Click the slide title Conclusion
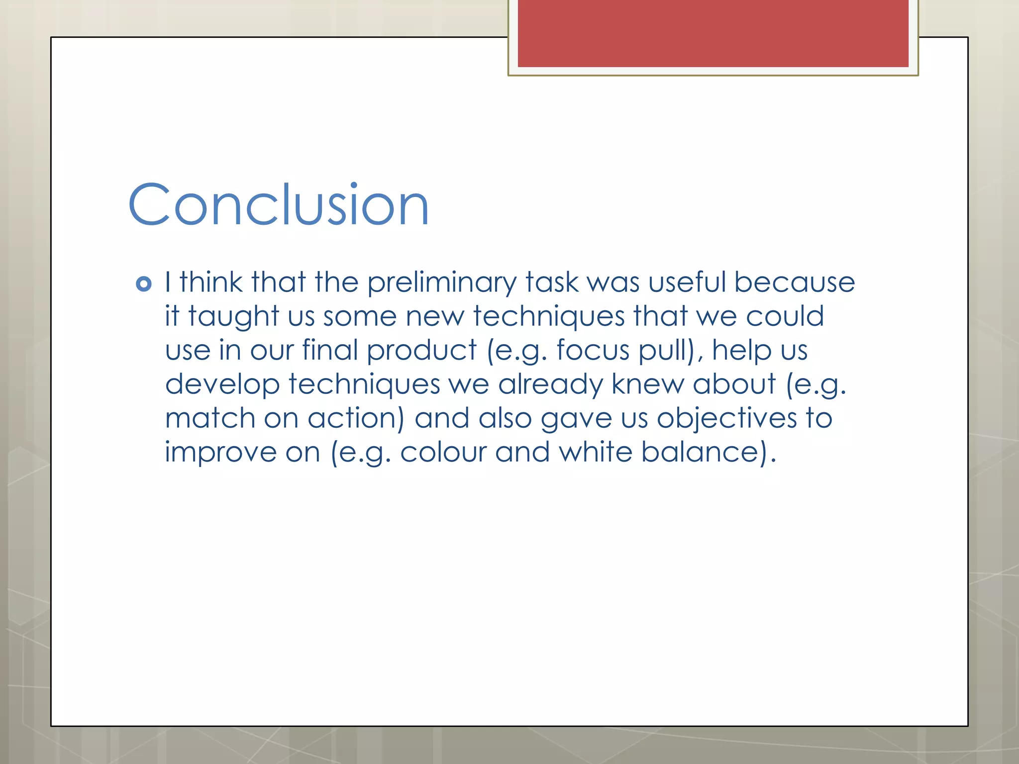[279, 204]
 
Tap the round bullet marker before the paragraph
[144, 284]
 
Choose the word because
[794, 282]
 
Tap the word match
[210, 418]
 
